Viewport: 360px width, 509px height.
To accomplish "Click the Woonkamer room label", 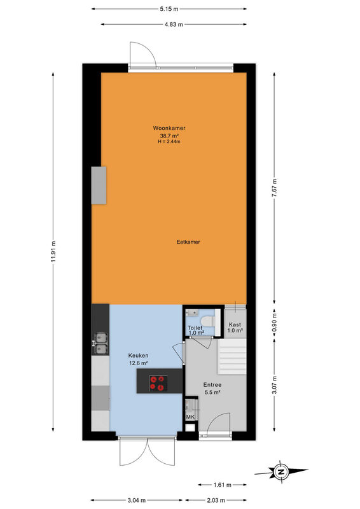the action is (169, 128).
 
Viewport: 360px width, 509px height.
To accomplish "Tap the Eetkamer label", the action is (188, 242).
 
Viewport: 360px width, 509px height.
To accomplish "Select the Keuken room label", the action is (138, 356).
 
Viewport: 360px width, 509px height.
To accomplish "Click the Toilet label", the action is (195, 328).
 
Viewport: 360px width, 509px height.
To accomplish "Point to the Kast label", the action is (235, 324).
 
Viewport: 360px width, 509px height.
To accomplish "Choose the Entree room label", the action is (212, 385).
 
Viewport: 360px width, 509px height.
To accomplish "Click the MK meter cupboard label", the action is (190, 417).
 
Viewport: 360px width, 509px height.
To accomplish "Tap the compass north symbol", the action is (281, 471).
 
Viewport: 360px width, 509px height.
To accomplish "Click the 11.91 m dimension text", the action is (53, 252).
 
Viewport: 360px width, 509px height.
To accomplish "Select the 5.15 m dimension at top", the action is (169, 9).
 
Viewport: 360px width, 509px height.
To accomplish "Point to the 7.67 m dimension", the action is (274, 188).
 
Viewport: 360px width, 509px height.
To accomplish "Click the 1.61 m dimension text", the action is (223, 485).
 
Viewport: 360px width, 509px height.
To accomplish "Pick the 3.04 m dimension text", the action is (136, 500).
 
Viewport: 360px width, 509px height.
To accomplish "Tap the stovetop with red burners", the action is (158, 384).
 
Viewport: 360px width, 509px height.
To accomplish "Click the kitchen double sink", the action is (100, 344).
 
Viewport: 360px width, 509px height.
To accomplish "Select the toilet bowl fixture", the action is (207, 321).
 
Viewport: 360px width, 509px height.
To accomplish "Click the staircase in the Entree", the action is (232, 356).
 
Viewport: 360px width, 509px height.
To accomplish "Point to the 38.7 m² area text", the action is (170, 136).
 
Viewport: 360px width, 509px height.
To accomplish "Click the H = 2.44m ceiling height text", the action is (169, 141).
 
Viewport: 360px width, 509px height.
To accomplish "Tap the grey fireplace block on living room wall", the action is (99, 185).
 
